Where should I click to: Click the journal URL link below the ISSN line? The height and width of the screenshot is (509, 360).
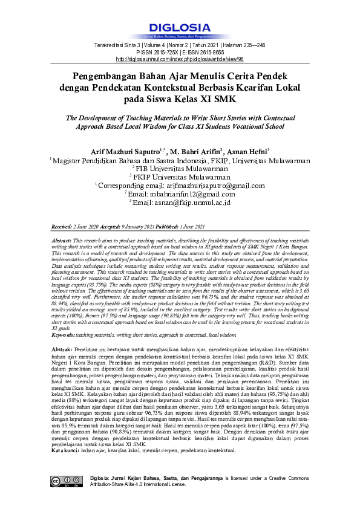[x=180, y=59]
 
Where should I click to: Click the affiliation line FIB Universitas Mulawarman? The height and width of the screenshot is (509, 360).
[x=181, y=170]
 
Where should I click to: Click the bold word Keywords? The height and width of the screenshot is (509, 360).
[x=66, y=334]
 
